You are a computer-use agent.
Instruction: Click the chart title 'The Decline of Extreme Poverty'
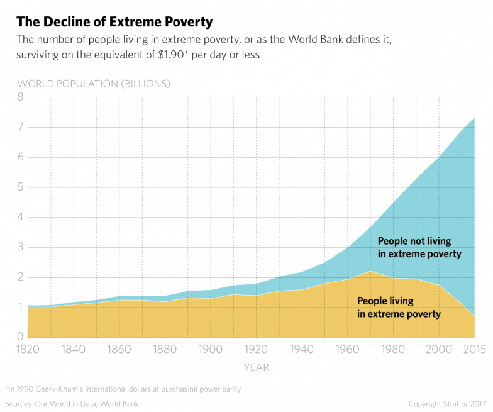point(114,23)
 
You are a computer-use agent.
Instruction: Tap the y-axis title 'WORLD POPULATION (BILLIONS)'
point(94,84)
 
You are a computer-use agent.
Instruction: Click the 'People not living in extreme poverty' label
point(419,248)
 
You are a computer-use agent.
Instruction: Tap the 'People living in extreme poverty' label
point(399,307)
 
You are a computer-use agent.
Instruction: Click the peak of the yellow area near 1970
point(371,271)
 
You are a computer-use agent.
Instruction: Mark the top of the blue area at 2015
point(475,116)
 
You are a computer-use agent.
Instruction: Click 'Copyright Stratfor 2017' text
point(448,403)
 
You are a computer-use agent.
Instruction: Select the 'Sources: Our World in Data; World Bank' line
point(72,403)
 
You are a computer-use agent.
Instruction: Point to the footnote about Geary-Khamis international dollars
point(123,389)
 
